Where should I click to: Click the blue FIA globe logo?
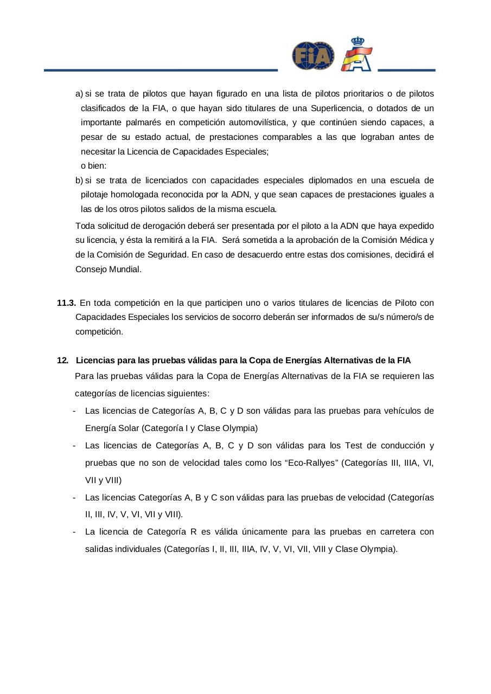pyautogui.click(x=313, y=56)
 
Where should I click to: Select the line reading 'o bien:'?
pyautogui.click(x=97, y=166)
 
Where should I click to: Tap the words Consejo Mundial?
pyautogui.click(x=108, y=269)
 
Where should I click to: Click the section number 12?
pyautogui.click(x=62, y=360)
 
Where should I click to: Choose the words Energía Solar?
pyautogui.click(x=112, y=428)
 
